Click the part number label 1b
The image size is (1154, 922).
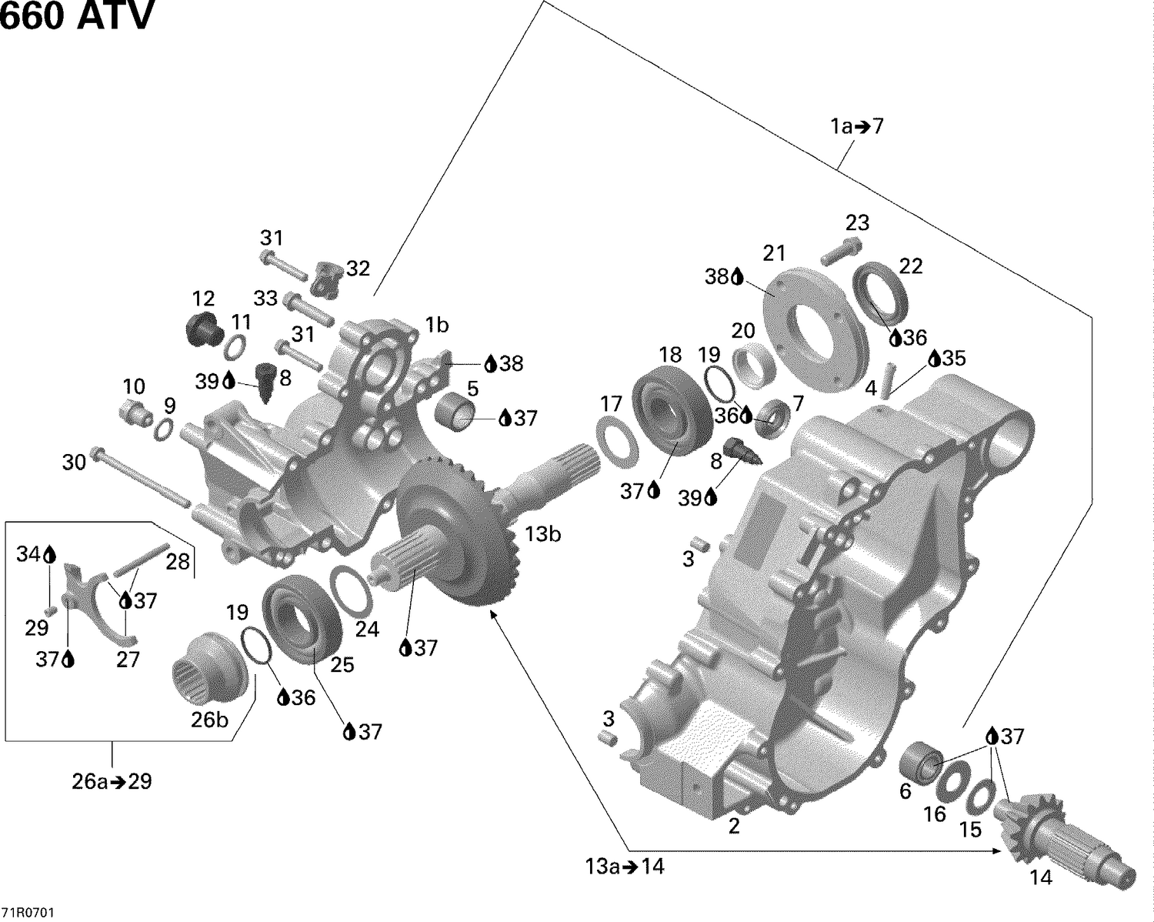pyautogui.click(x=437, y=326)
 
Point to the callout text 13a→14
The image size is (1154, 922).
pyautogui.click(x=625, y=867)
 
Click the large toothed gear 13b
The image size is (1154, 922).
pyautogui.click(x=450, y=531)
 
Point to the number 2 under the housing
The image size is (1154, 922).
pyautogui.click(x=734, y=827)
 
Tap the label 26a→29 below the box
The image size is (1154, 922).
pyautogui.click(x=112, y=782)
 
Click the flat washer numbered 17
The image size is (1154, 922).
pyautogui.click(x=618, y=441)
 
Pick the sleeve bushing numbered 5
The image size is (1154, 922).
pyautogui.click(x=459, y=411)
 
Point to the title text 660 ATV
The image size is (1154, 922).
pyautogui.click(x=77, y=17)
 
